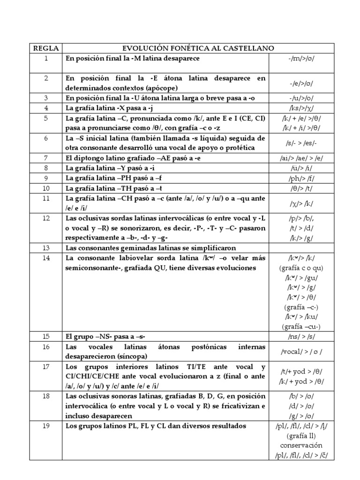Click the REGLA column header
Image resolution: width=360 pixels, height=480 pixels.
(x=46, y=48)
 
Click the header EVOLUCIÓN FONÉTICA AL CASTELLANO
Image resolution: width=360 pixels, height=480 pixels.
(x=198, y=48)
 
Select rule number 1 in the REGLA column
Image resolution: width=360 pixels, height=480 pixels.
(x=46, y=59)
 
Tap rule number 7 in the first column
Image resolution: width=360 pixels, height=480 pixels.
(x=46, y=158)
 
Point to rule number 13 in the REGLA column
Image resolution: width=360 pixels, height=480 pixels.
(x=46, y=247)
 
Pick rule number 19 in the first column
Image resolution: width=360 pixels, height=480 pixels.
(x=46, y=426)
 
